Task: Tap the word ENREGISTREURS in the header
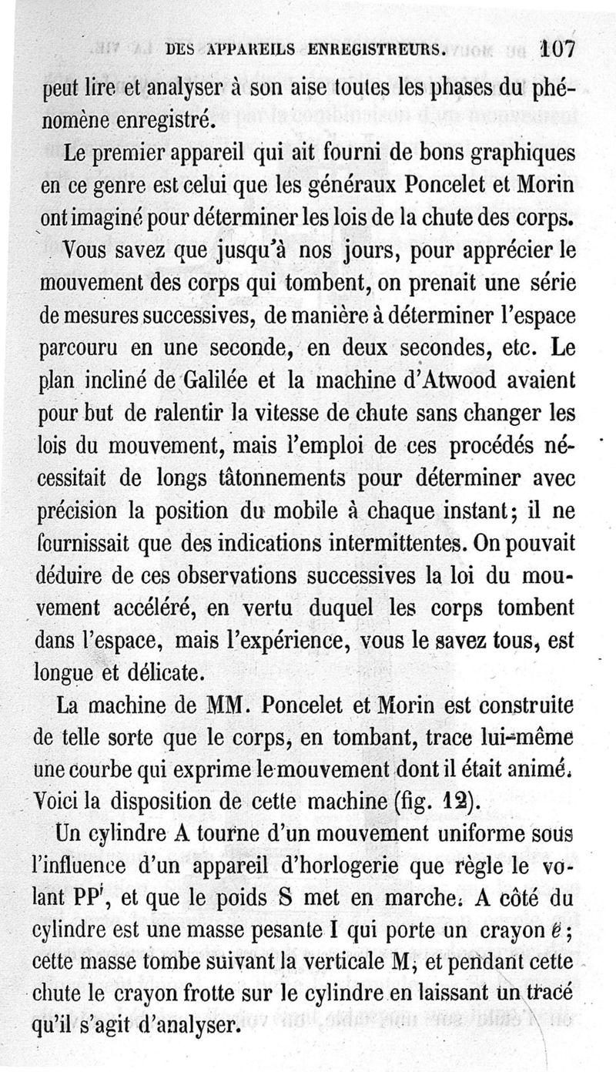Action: coord(377,50)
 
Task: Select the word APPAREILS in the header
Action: coord(237,50)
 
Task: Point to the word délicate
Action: coord(163,673)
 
